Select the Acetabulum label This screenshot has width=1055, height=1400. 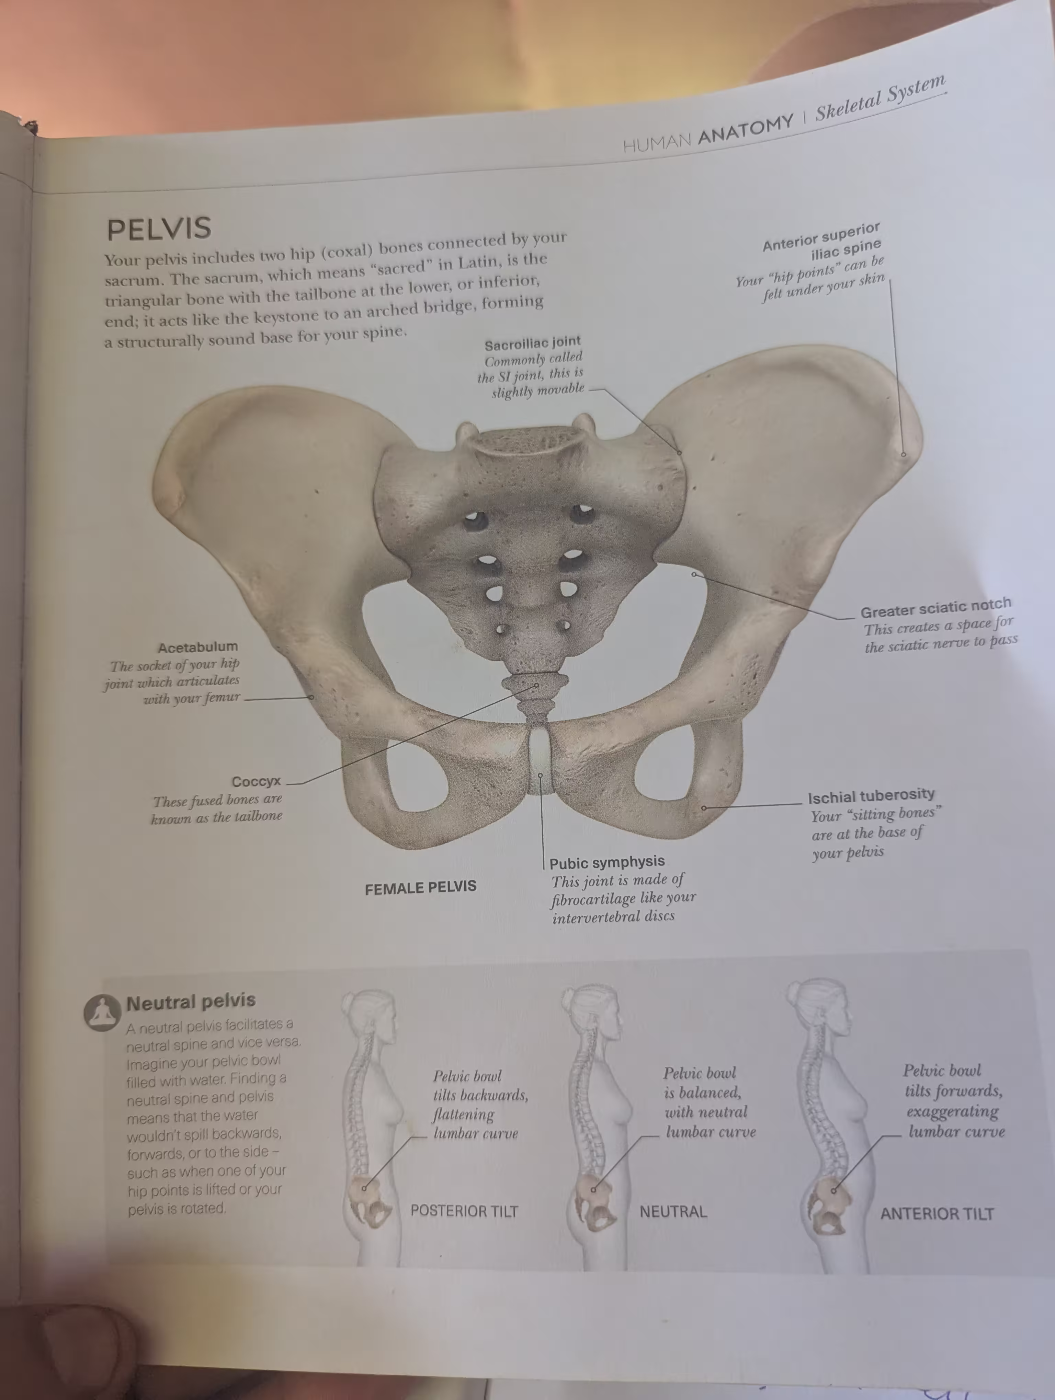pyautogui.click(x=197, y=647)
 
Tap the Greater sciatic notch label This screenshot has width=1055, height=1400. pyautogui.click(x=935, y=608)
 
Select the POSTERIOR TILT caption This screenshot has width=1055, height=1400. pyautogui.click(x=464, y=1211)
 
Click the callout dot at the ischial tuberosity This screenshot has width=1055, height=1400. pyautogui.click(x=704, y=808)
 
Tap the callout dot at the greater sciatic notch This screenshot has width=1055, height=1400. pyautogui.click(x=694, y=574)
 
